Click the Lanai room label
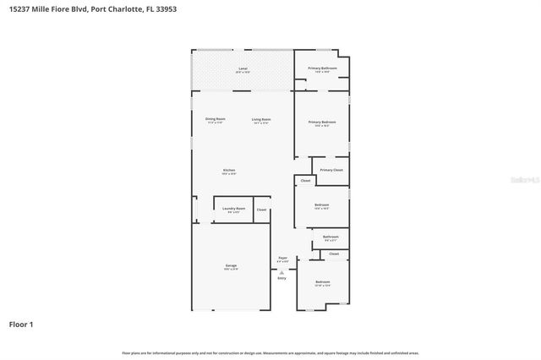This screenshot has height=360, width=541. coord(243,68)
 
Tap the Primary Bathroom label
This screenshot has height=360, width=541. coord(322,68)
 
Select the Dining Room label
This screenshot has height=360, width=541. coord(216,119)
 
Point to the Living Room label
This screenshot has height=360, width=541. coord(260,119)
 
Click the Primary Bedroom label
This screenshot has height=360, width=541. coord(322,123)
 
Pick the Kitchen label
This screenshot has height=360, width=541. coord(229,170)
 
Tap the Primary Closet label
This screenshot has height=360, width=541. coord(331,170)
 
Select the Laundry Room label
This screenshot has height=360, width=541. coord(234,208)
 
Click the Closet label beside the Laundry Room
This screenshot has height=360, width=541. coord(262,210)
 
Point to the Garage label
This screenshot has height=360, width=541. coord(231,265)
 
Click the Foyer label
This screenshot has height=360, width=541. coord(282,258)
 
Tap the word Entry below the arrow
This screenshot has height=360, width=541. coord(281,277)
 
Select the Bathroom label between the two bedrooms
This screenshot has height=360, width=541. coord(331,237)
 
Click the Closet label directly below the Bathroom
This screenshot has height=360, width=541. coord(334,253)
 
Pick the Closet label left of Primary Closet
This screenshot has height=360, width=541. coord(305,181)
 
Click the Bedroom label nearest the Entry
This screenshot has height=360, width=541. coord(322,281)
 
